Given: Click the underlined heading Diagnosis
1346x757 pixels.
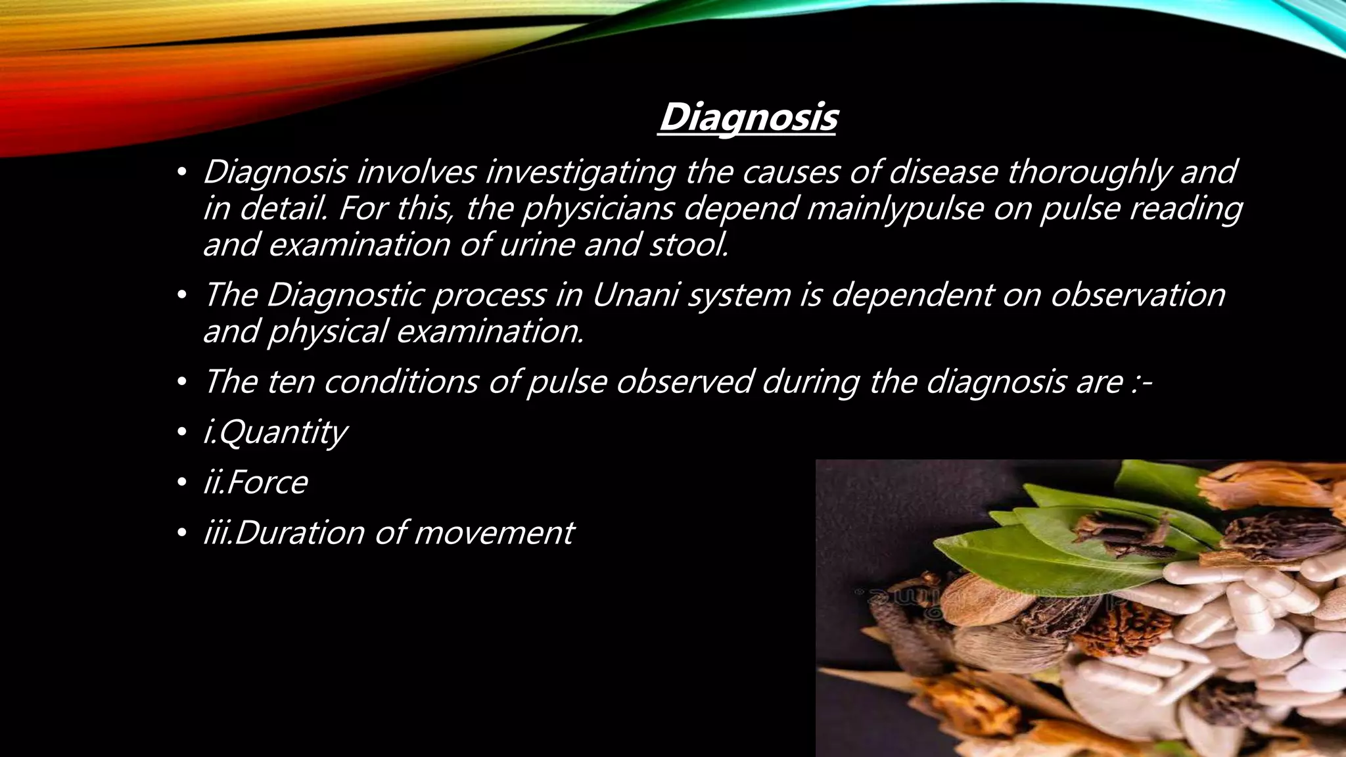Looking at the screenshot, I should (x=747, y=118).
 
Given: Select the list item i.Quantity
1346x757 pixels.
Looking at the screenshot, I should (x=275, y=432).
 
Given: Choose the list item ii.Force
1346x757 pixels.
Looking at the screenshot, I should (x=255, y=482).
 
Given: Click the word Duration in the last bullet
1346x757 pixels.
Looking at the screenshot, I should (x=299, y=532).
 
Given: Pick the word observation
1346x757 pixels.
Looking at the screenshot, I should (x=1137, y=295).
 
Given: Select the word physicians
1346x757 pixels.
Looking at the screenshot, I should (x=599, y=209).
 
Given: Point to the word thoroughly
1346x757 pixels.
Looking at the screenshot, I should (x=1088, y=173).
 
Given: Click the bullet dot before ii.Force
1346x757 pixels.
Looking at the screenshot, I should (x=182, y=484).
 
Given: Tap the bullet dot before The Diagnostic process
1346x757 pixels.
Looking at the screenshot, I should (x=182, y=296).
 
